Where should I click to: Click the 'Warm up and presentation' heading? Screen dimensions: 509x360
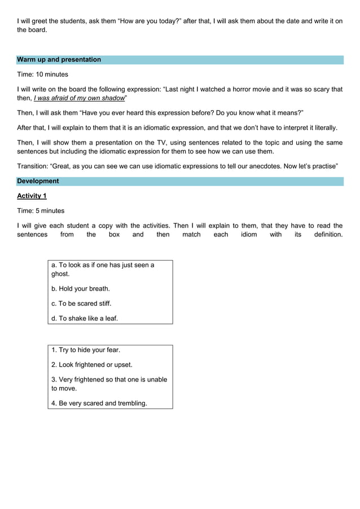tap(59, 60)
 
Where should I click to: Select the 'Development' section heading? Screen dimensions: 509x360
tap(38, 181)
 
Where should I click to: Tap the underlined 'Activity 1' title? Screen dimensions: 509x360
tap(32, 196)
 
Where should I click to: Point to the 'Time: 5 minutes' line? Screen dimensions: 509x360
tap(41, 210)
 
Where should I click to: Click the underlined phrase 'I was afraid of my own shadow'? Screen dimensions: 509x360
tap(78, 98)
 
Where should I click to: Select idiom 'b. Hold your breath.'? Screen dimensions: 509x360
tap(81, 288)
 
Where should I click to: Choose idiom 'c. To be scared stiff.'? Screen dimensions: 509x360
tap(81, 303)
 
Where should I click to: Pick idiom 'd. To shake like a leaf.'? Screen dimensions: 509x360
tap(85, 318)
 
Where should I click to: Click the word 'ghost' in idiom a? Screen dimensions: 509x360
tap(60, 274)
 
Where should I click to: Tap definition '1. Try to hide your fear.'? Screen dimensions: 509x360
tap(86, 350)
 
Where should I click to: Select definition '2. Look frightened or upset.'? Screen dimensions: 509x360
tap(92, 365)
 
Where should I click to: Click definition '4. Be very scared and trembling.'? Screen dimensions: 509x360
tap(99, 403)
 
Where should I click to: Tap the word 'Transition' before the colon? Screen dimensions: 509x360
tap(32, 166)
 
